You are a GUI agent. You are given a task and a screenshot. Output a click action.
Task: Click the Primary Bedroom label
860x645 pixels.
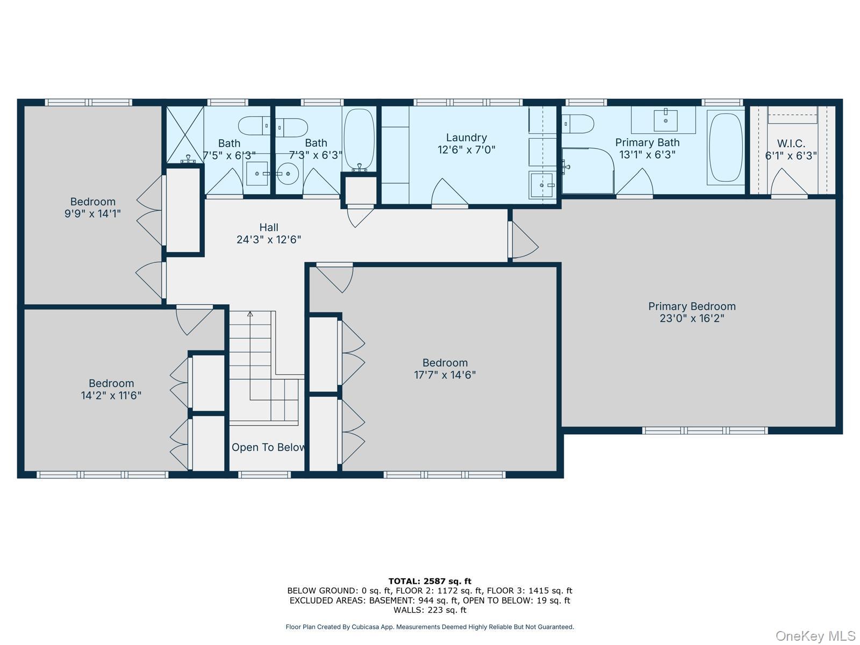(x=692, y=306)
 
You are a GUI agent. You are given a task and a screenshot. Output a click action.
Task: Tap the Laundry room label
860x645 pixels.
(x=466, y=138)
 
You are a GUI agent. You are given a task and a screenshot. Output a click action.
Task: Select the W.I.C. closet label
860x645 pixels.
(x=791, y=144)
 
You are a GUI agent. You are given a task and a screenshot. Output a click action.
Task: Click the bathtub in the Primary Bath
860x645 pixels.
(x=725, y=147)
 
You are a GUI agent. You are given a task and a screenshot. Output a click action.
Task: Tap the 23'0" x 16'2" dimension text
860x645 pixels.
(x=692, y=318)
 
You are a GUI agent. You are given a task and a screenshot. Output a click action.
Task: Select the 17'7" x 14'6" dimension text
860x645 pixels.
(x=445, y=375)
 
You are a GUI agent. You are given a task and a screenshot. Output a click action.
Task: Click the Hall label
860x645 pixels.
(x=269, y=227)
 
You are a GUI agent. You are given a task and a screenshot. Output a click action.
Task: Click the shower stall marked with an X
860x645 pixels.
(x=184, y=134)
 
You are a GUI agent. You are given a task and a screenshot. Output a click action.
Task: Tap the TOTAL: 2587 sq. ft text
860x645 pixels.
(x=429, y=581)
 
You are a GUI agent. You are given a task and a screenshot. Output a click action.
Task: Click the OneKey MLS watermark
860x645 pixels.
(x=815, y=636)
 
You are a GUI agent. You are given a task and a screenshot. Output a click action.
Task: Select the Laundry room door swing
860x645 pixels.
(x=449, y=192)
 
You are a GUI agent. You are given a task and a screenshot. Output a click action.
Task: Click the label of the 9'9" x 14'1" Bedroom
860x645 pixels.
(x=92, y=202)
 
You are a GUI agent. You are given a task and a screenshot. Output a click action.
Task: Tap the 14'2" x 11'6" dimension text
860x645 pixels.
(x=111, y=396)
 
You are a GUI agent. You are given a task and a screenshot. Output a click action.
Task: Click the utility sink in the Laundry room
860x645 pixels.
(x=541, y=185)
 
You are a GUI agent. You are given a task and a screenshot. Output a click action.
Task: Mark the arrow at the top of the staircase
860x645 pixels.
(x=250, y=314)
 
